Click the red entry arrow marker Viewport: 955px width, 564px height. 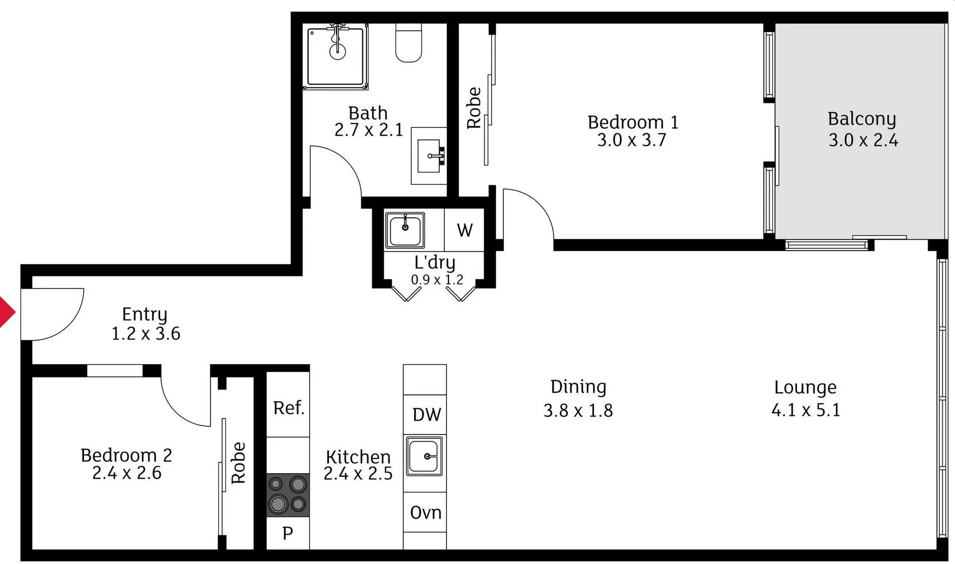click(x=6, y=312)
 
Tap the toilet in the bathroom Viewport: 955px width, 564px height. click(x=408, y=44)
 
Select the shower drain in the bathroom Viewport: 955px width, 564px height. click(x=337, y=51)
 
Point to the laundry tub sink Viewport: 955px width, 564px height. click(x=405, y=229)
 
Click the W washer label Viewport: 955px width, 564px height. click(x=465, y=230)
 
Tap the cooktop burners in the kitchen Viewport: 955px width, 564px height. click(x=288, y=495)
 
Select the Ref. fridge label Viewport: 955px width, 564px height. click(x=289, y=408)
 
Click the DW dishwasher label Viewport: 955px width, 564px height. click(x=427, y=415)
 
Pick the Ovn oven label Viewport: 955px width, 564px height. click(x=426, y=513)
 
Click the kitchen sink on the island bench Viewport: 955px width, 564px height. click(x=425, y=456)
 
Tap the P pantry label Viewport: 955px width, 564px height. click(x=288, y=533)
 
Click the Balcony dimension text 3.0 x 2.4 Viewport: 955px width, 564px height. click(x=863, y=140)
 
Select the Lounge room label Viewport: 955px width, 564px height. click(x=805, y=387)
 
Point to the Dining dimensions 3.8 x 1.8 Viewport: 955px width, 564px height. click(x=578, y=410)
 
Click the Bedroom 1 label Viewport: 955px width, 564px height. click(x=632, y=122)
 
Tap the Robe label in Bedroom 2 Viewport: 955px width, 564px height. click(x=238, y=463)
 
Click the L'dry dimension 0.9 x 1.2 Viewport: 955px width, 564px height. click(x=437, y=280)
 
